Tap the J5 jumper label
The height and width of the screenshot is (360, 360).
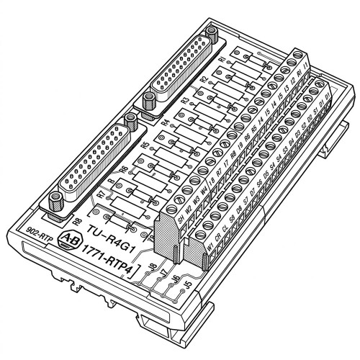[x=186, y=284]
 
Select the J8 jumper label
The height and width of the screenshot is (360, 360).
[x=152, y=271]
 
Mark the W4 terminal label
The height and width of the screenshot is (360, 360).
[x=204, y=191]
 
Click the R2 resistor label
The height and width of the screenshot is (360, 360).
[x=205, y=78]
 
